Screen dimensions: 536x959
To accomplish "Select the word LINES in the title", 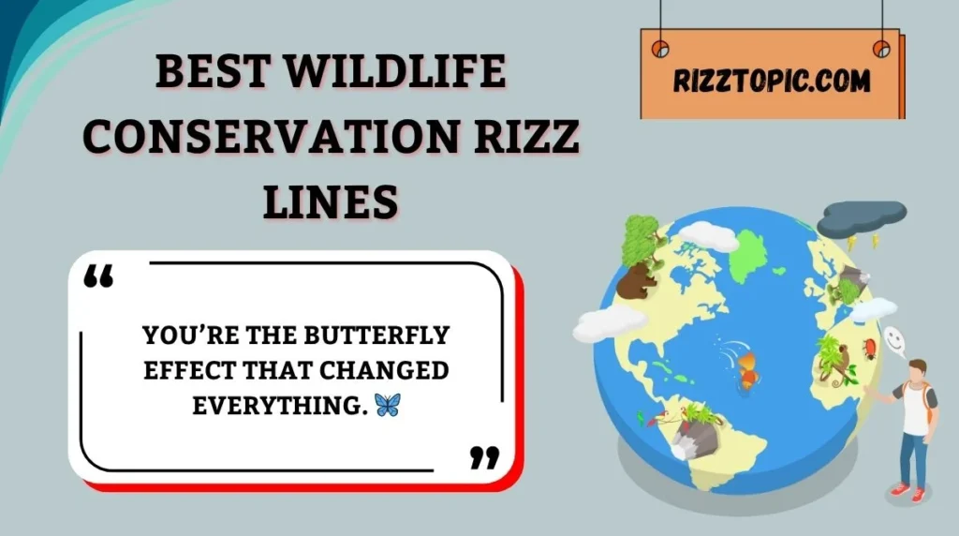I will [x=331, y=201].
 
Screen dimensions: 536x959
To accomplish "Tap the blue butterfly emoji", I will [x=386, y=405].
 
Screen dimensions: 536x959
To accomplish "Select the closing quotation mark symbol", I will [x=483, y=457].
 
